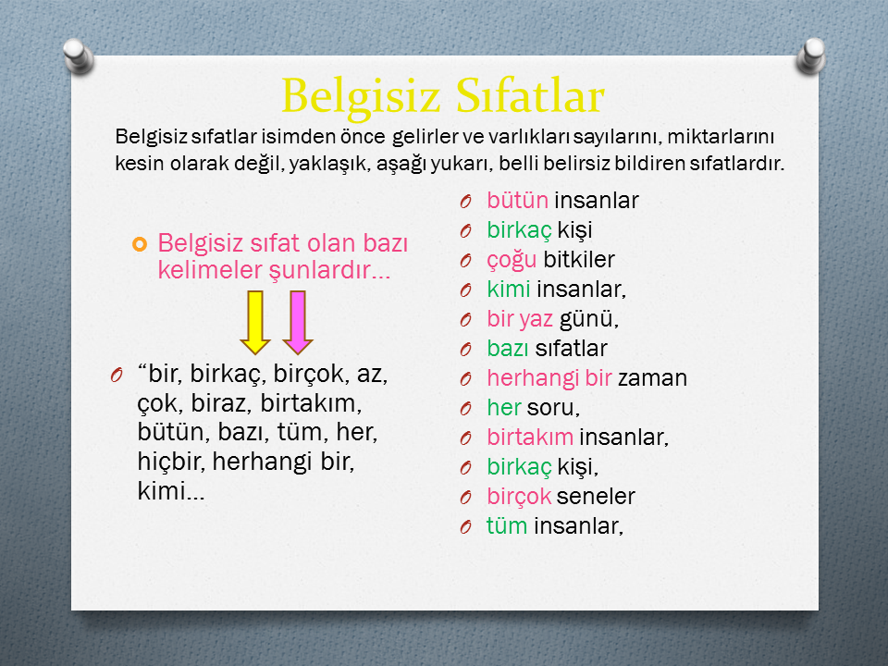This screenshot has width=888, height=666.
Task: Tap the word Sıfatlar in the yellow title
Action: pyautogui.click(x=530, y=94)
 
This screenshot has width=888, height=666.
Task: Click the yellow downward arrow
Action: pyautogui.click(x=255, y=322)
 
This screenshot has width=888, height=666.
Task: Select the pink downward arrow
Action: pyautogui.click(x=298, y=322)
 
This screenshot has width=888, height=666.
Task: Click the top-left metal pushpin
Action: pyautogui.click(x=78, y=56)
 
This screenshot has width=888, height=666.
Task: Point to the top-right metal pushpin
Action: pyautogui.click(x=811, y=56)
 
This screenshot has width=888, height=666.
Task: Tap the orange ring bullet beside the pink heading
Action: pyautogui.click(x=140, y=244)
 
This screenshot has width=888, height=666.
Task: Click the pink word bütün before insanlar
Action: pyautogui.click(x=518, y=201)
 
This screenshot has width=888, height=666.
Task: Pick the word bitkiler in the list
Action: pyautogui.click(x=579, y=259)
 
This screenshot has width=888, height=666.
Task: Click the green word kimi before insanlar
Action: pyautogui.click(x=509, y=290)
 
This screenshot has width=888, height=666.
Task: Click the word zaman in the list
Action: pyautogui.click(x=652, y=378)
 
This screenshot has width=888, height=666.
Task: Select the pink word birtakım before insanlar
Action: pyautogui.click(x=530, y=438)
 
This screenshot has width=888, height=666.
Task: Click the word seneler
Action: pyautogui.click(x=596, y=497)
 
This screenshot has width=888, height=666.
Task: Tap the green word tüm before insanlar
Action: pyautogui.click(x=507, y=526)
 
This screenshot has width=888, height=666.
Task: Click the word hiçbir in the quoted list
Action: pyautogui.click(x=171, y=462)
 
